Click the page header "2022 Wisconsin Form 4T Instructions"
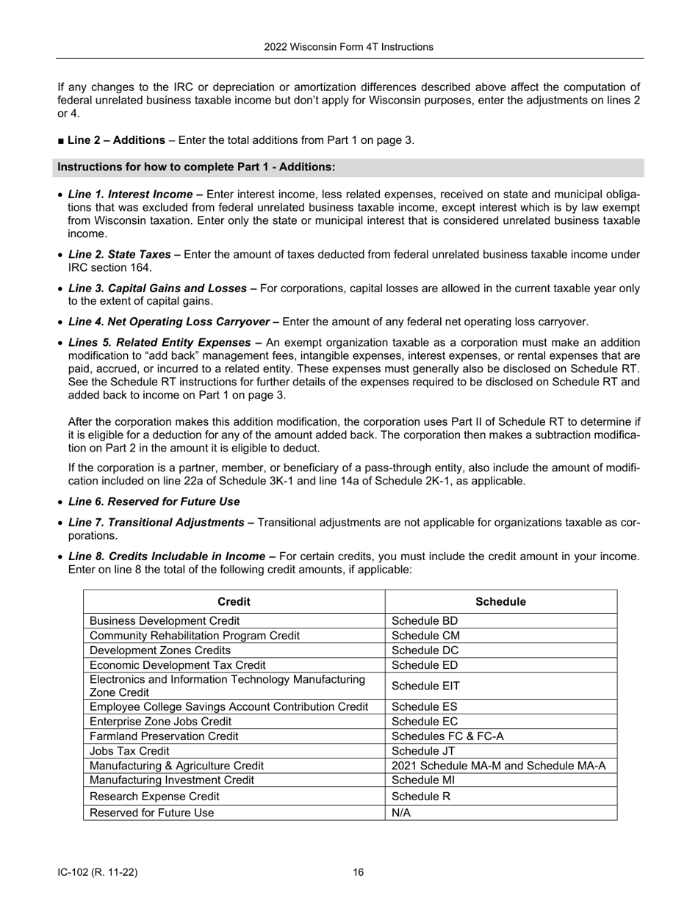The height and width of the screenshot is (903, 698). pos(348,47)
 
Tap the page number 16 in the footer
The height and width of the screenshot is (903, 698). pos(358,872)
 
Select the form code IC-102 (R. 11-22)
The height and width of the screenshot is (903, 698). pos(98,872)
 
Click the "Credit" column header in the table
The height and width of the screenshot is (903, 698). pos(234,602)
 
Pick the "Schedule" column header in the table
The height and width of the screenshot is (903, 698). pos(500,602)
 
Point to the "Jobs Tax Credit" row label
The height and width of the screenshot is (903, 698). pos(129,751)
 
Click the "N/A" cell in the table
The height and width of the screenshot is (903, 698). pos(401,813)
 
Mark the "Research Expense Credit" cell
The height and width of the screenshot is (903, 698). pos(154,796)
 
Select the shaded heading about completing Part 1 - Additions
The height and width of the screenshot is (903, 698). pos(196,167)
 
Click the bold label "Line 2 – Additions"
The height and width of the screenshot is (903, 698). pos(116,140)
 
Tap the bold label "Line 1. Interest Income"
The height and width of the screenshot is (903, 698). pos(135,195)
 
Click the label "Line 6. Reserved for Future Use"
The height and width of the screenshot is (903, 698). pos(154,501)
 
